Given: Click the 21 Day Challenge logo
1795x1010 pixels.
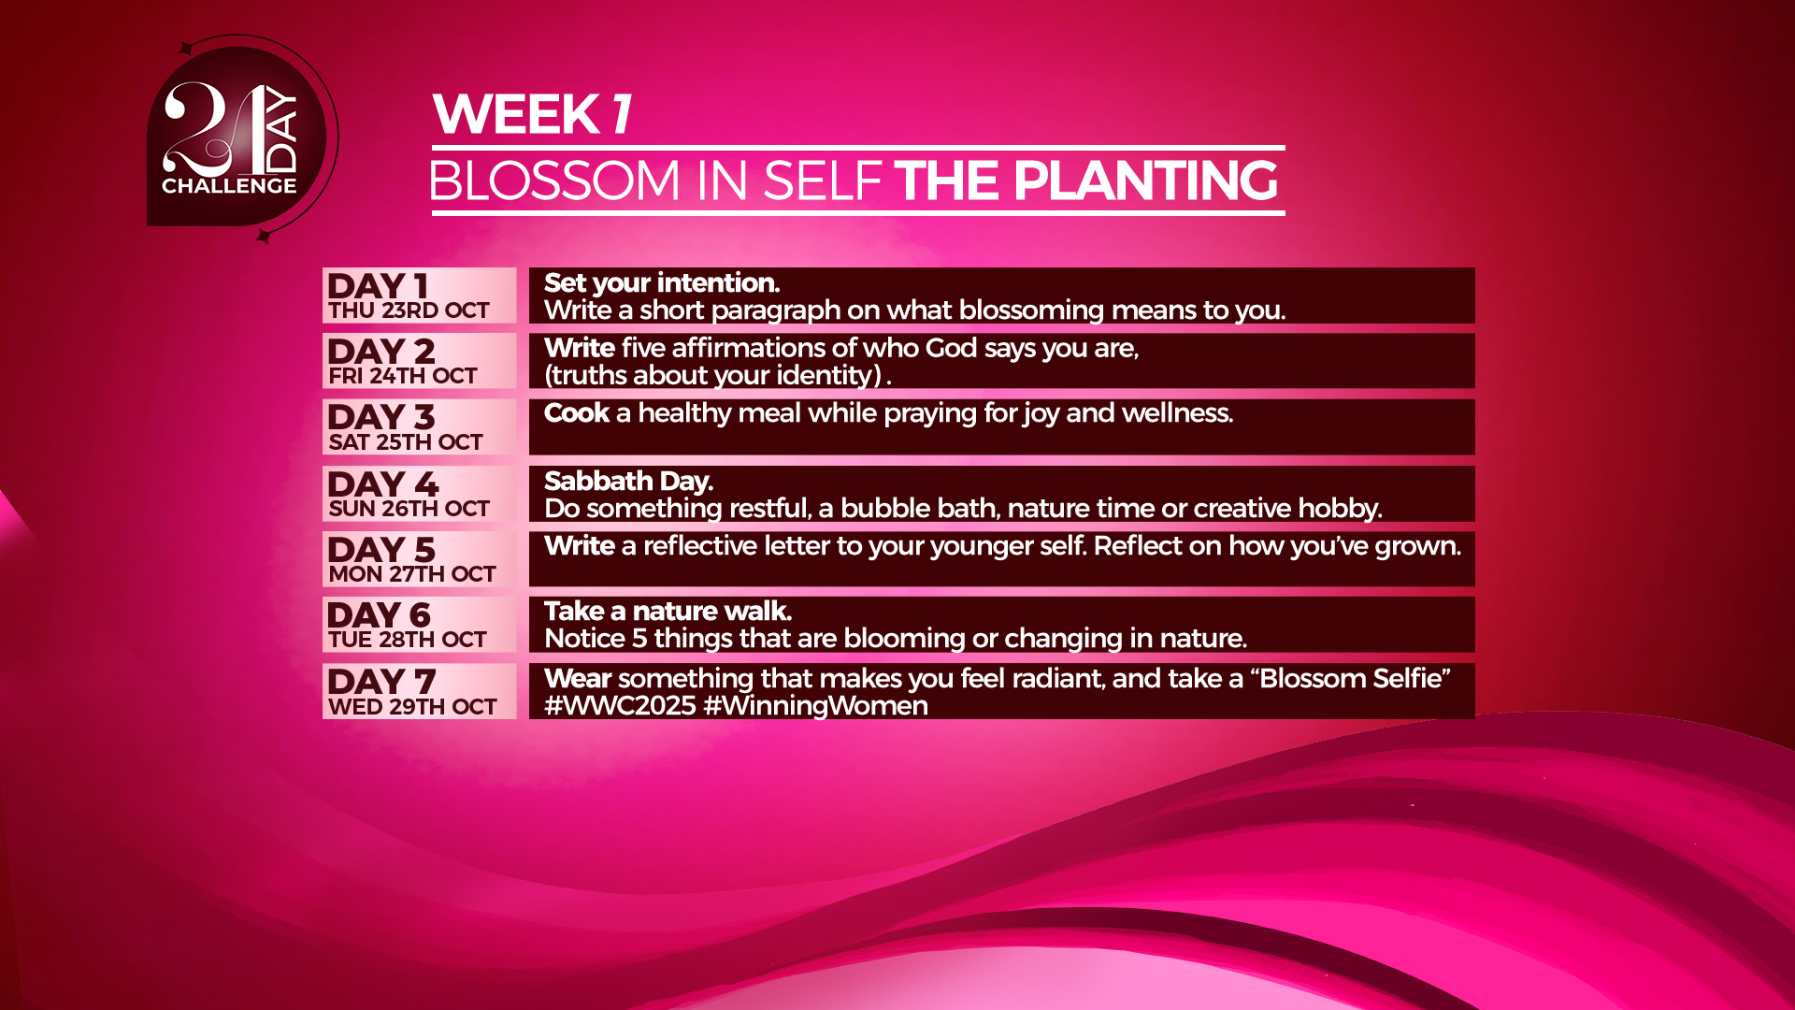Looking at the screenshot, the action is (x=241, y=138).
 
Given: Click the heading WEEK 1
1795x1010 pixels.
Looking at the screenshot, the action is (x=533, y=114).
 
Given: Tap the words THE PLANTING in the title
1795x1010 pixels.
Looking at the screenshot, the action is (x=1086, y=180).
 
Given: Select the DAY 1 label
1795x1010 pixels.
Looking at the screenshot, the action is (x=378, y=285).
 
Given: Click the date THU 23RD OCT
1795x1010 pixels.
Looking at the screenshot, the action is (x=409, y=310).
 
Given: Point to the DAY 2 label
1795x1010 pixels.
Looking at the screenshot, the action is (x=381, y=351).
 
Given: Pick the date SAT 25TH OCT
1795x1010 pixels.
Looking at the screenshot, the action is (x=406, y=442).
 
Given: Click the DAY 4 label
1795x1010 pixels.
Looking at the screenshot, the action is (x=382, y=483).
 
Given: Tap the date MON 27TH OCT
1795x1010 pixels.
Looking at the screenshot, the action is (x=412, y=574).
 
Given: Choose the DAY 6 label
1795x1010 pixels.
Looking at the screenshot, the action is (x=379, y=614).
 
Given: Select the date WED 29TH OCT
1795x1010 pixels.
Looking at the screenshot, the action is (x=412, y=707).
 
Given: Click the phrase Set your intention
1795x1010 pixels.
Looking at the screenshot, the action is (x=662, y=283).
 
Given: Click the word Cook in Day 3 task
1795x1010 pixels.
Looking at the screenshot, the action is (x=577, y=413).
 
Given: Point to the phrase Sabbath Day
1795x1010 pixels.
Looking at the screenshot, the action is (x=628, y=482).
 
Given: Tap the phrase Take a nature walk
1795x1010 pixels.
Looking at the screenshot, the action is (x=668, y=612).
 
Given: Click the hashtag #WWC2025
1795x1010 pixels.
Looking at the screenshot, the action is (x=620, y=706).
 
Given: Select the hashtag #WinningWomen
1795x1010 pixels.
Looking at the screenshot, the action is (x=815, y=706).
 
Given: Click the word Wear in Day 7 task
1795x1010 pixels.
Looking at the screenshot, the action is (x=578, y=679).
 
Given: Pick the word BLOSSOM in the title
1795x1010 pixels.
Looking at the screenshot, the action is (x=554, y=180).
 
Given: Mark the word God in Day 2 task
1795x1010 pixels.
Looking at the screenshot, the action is (x=951, y=348).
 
